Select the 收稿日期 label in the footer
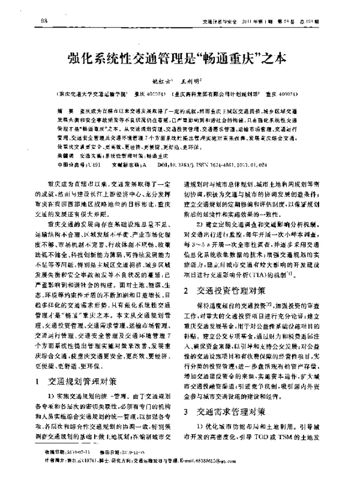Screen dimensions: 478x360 pyautogui.click(x=57, y=450)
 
